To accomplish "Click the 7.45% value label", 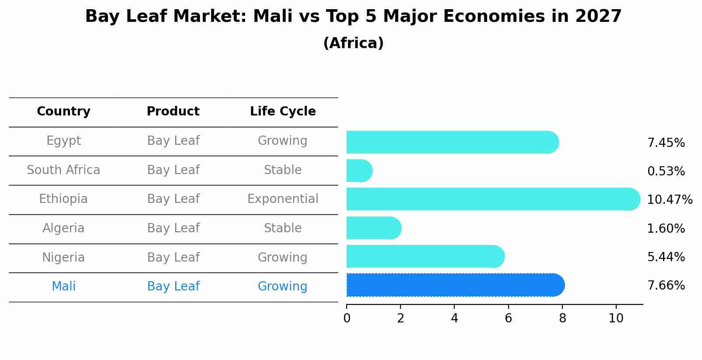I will tap(666, 143).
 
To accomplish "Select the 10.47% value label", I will tap(669, 200).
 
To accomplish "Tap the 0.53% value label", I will tap(666, 171).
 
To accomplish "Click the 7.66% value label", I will tap(666, 286).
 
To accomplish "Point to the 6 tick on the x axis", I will tap(508, 318).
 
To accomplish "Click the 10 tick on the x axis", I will tap(616, 318).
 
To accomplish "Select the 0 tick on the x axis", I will tap(347, 318).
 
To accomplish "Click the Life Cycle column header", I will tap(283, 112).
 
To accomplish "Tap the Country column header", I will tap(63, 112).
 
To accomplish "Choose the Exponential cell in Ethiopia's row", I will tap(283, 199).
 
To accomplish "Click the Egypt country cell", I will tap(63, 141).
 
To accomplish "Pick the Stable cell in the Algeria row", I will tap(283, 228).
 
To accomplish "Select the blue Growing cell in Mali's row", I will tap(283, 287).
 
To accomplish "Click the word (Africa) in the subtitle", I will tap(353, 43).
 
